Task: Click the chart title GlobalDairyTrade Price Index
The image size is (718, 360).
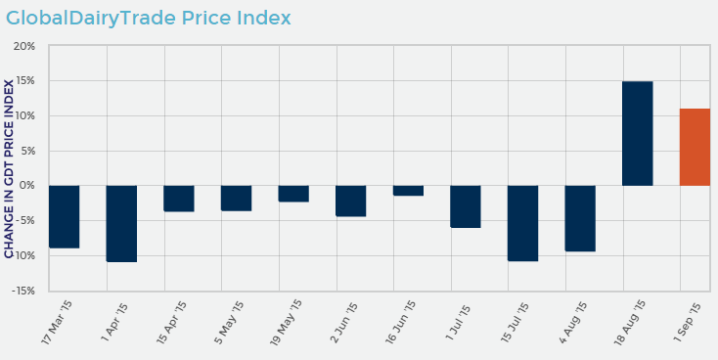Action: coord(149,19)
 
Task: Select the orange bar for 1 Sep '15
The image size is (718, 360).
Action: coord(695,147)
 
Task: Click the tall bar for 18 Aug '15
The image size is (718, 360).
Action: coord(637,133)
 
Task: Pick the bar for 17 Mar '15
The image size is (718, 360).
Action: coord(64,216)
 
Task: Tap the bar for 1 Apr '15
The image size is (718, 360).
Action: coord(121,223)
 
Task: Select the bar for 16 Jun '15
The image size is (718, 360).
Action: coord(408,191)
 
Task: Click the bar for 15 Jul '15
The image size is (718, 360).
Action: coord(522,223)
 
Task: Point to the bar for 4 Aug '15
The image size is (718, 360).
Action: coord(580,218)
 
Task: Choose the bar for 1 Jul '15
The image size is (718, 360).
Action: coord(466,206)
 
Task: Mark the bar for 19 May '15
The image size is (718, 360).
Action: coord(293,194)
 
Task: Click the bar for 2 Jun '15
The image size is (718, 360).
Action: coord(350,201)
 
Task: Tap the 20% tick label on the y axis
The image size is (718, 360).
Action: coord(24,46)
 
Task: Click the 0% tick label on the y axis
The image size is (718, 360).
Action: coord(27,186)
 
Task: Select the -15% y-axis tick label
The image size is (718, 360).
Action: coord(22,291)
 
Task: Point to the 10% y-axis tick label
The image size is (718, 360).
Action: coord(24,116)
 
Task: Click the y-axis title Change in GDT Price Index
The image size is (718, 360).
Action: coord(10,168)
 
